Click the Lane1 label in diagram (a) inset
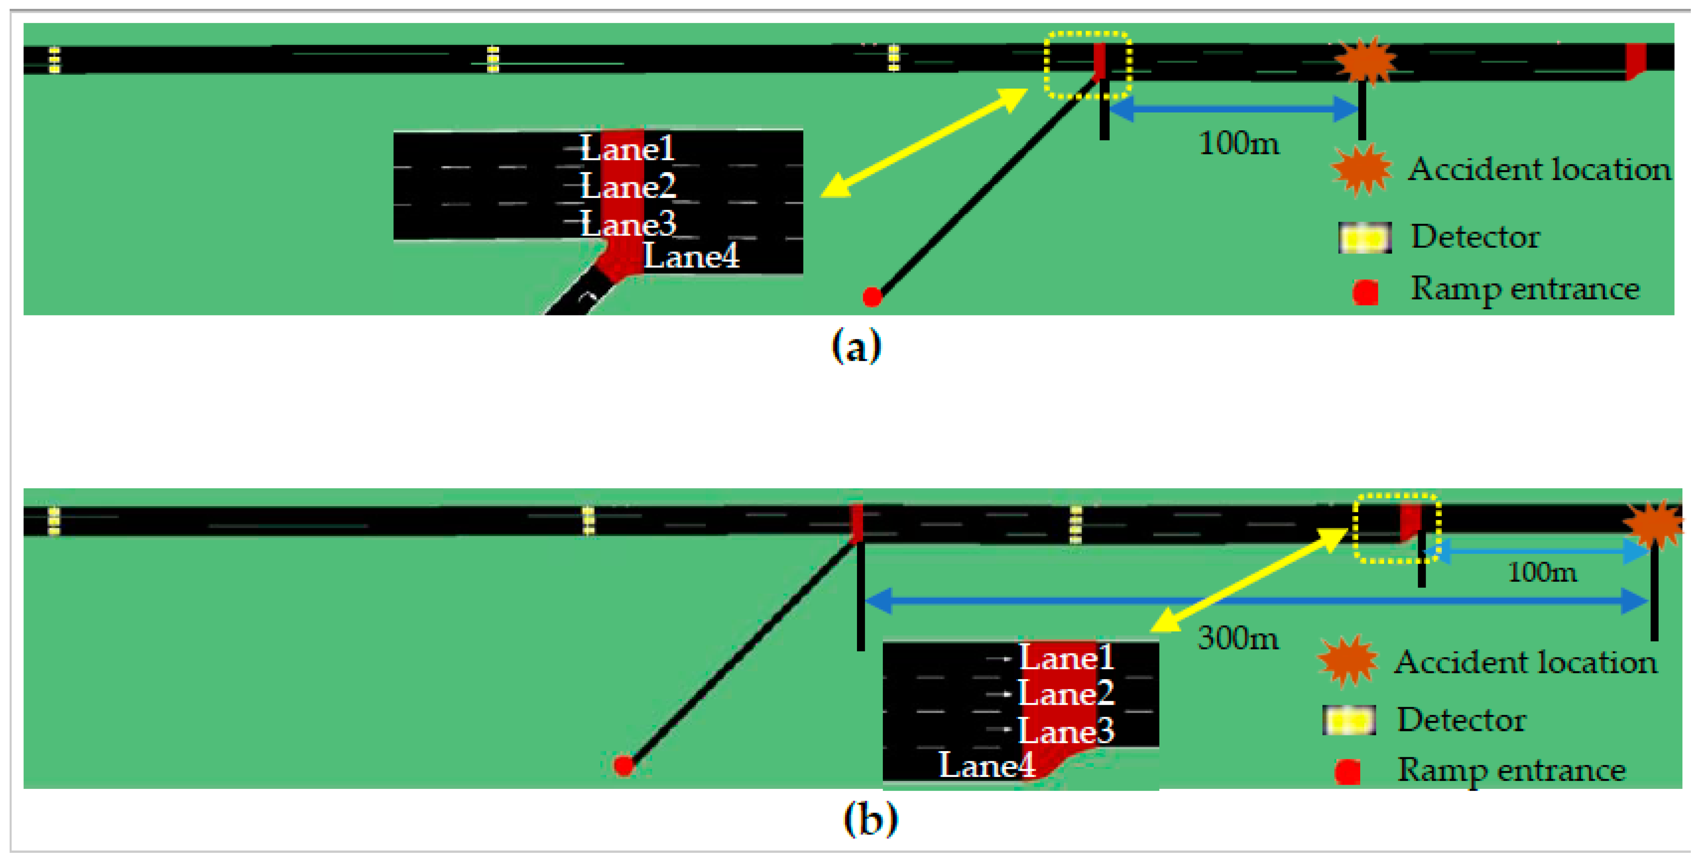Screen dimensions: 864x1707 click(x=627, y=148)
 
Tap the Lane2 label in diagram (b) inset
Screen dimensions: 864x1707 click(x=1065, y=694)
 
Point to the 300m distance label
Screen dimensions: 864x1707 click(x=1238, y=638)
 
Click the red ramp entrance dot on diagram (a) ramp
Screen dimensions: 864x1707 click(x=872, y=297)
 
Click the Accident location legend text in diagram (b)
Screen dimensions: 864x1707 click(x=1526, y=662)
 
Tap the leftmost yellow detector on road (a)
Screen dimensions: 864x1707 click(x=54, y=60)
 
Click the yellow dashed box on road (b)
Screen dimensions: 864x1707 click(x=1396, y=528)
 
